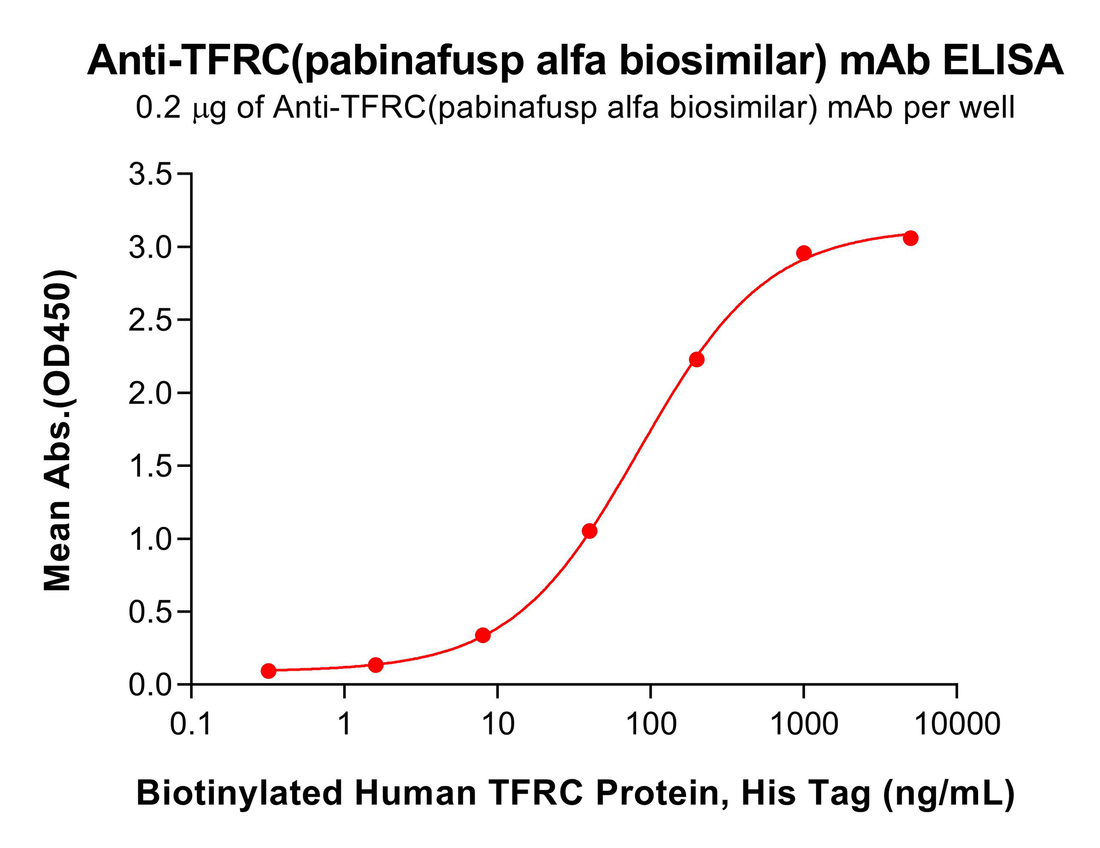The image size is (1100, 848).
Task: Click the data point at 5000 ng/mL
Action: [x=911, y=238]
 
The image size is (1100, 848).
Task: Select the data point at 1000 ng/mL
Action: [x=803, y=253]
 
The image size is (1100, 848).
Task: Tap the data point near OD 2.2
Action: [x=697, y=360]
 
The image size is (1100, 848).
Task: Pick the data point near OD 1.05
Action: [x=590, y=531]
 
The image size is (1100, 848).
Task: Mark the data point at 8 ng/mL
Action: [x=483, y=635]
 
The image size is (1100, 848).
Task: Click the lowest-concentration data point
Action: [x=269, y=671]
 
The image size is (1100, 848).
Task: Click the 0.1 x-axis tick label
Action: [x=191, y=724]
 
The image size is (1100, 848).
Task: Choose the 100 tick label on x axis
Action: [x=651, y=724]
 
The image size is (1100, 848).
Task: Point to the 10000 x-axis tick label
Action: [x=957, y=724]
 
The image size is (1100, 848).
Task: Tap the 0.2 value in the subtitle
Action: [x=158, y=107]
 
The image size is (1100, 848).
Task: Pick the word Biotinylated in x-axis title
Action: [x=239, y=793]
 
